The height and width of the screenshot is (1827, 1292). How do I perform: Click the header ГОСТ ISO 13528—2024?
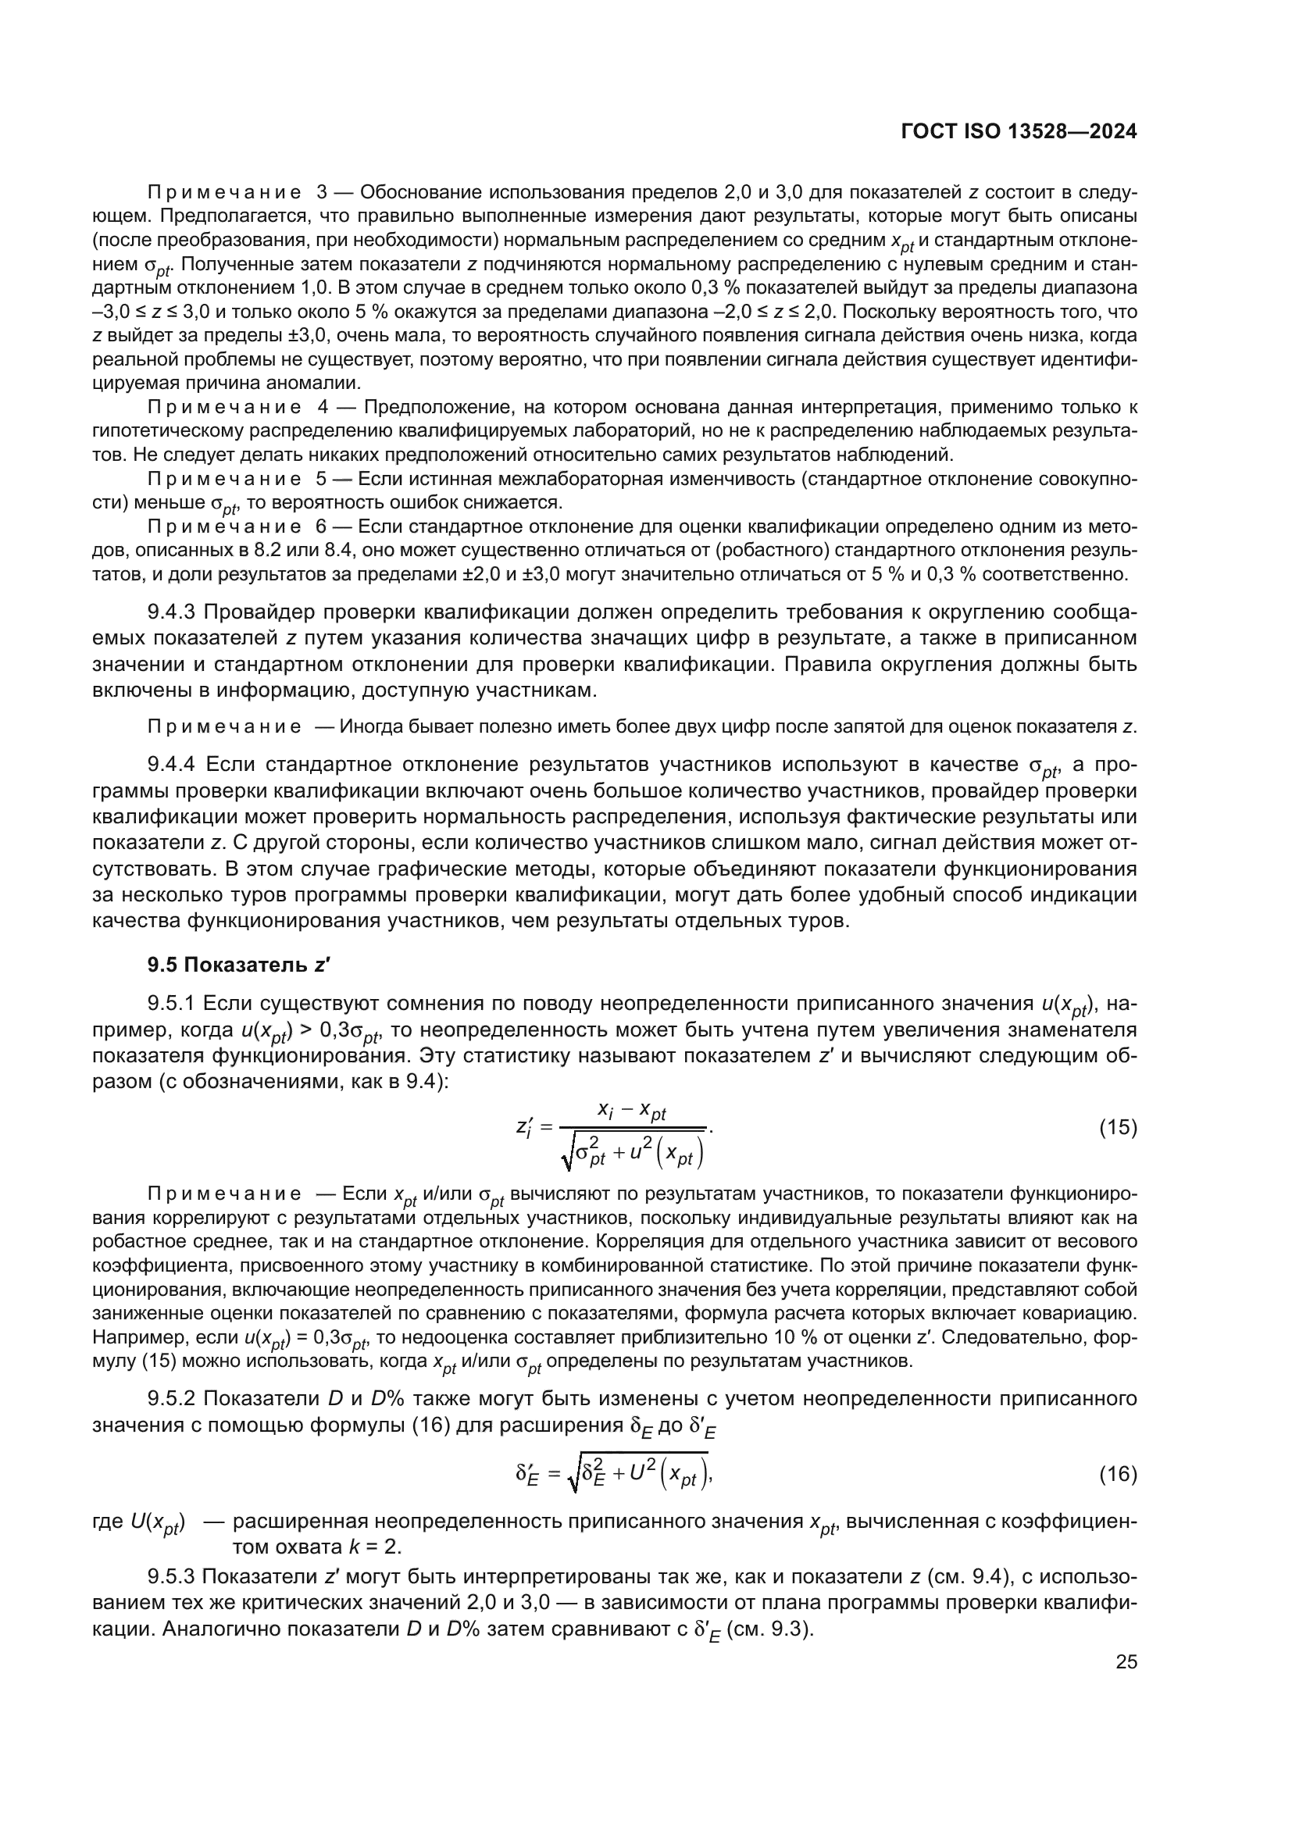[x=1019, y=132]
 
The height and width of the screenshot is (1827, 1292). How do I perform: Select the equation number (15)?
[x=1118, y=1128]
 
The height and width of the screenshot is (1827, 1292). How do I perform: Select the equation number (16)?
[x=1118, y=1475]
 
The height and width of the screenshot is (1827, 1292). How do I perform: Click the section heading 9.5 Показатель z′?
[x=239, y=965]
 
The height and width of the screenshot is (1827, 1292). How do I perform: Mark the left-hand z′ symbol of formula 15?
[x=524, y=1129]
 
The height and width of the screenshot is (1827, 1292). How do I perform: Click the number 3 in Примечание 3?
[x=321, y=193]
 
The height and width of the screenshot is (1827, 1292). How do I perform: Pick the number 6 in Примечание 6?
[x=321, y=526]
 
